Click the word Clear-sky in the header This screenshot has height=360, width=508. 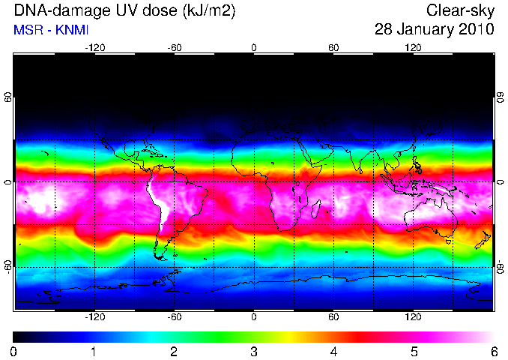460,11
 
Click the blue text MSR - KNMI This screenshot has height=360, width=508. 51,30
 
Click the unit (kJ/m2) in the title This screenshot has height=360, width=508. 208,11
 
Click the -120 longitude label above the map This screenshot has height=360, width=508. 95,48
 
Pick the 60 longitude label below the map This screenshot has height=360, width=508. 333,316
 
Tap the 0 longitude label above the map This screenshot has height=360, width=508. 254,48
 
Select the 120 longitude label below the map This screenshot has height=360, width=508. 413,316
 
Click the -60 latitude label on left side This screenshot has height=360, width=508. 8,267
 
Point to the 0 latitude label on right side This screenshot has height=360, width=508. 501,182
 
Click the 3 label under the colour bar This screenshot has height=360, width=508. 254,352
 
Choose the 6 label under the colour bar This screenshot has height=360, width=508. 494,352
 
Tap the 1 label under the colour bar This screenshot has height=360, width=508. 94,352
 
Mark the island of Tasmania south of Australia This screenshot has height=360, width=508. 449,241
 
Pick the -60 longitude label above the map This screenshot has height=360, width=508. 175,48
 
